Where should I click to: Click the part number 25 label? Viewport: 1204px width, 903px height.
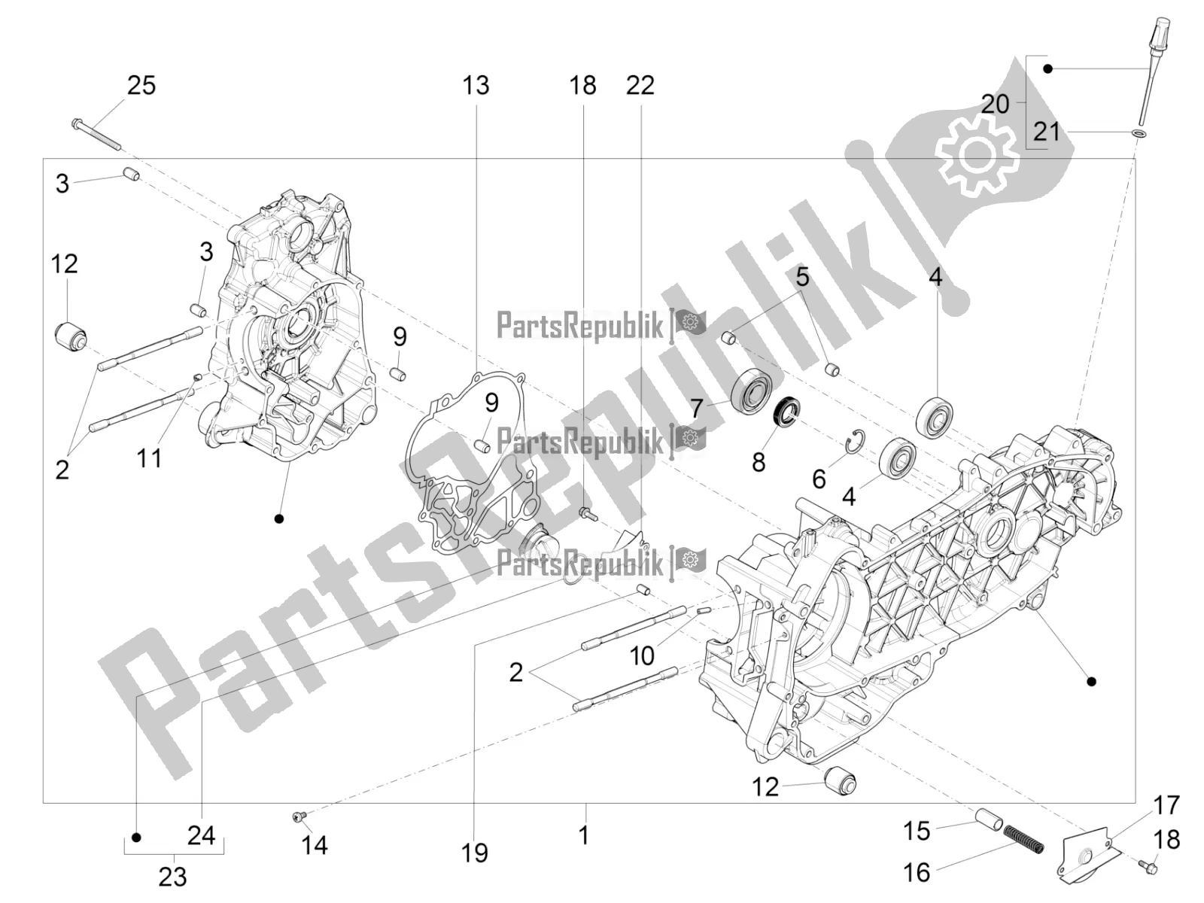pyautogui.click(x=141, y=85)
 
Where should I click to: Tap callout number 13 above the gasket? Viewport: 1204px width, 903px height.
pyautogui.click(x=476, y=85)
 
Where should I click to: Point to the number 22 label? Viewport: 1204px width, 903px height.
pyautogui.click(x=640, y=85)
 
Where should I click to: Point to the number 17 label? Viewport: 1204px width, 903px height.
pyautogui.click(x=1166, y=805)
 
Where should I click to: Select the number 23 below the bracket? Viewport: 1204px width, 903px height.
pyautogui.click(x=172, y=877)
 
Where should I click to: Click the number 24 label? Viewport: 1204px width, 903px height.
pyautogui.click(x=201, y=835)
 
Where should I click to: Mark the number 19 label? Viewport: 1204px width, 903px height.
pyautogui.click(x=476, y=853)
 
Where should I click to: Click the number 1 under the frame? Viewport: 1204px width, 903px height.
pyautogui.click(x=583, y=835)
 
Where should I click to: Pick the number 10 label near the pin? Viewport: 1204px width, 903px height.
pyautogui.click(x=642, y=655)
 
